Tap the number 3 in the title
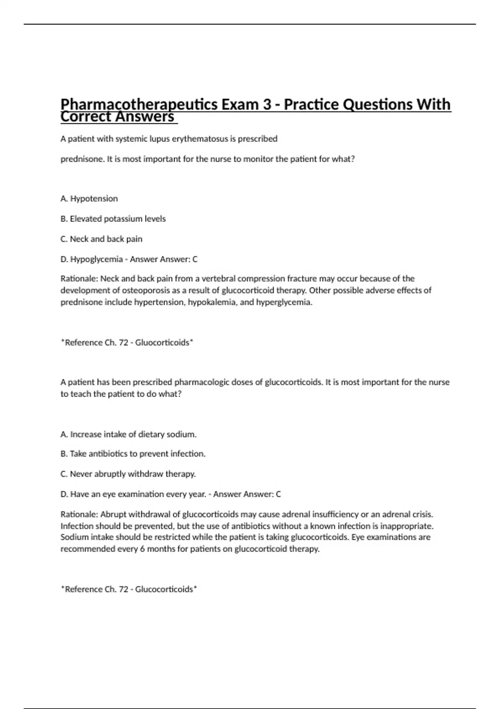click(x=267, y=104)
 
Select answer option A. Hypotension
click(x=89, y=199)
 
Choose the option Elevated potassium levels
click(x=113, y=219)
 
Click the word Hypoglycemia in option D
click(x=96, y=259)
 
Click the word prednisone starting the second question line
click(x=82, y=159)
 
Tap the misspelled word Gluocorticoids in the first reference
click(x=162, y=342)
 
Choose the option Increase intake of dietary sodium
click(x=128, y=434)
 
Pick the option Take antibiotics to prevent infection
click(x=133, y=453)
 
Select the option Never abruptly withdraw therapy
click(x=128, y=474)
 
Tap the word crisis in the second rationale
click(x=422, y=514)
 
